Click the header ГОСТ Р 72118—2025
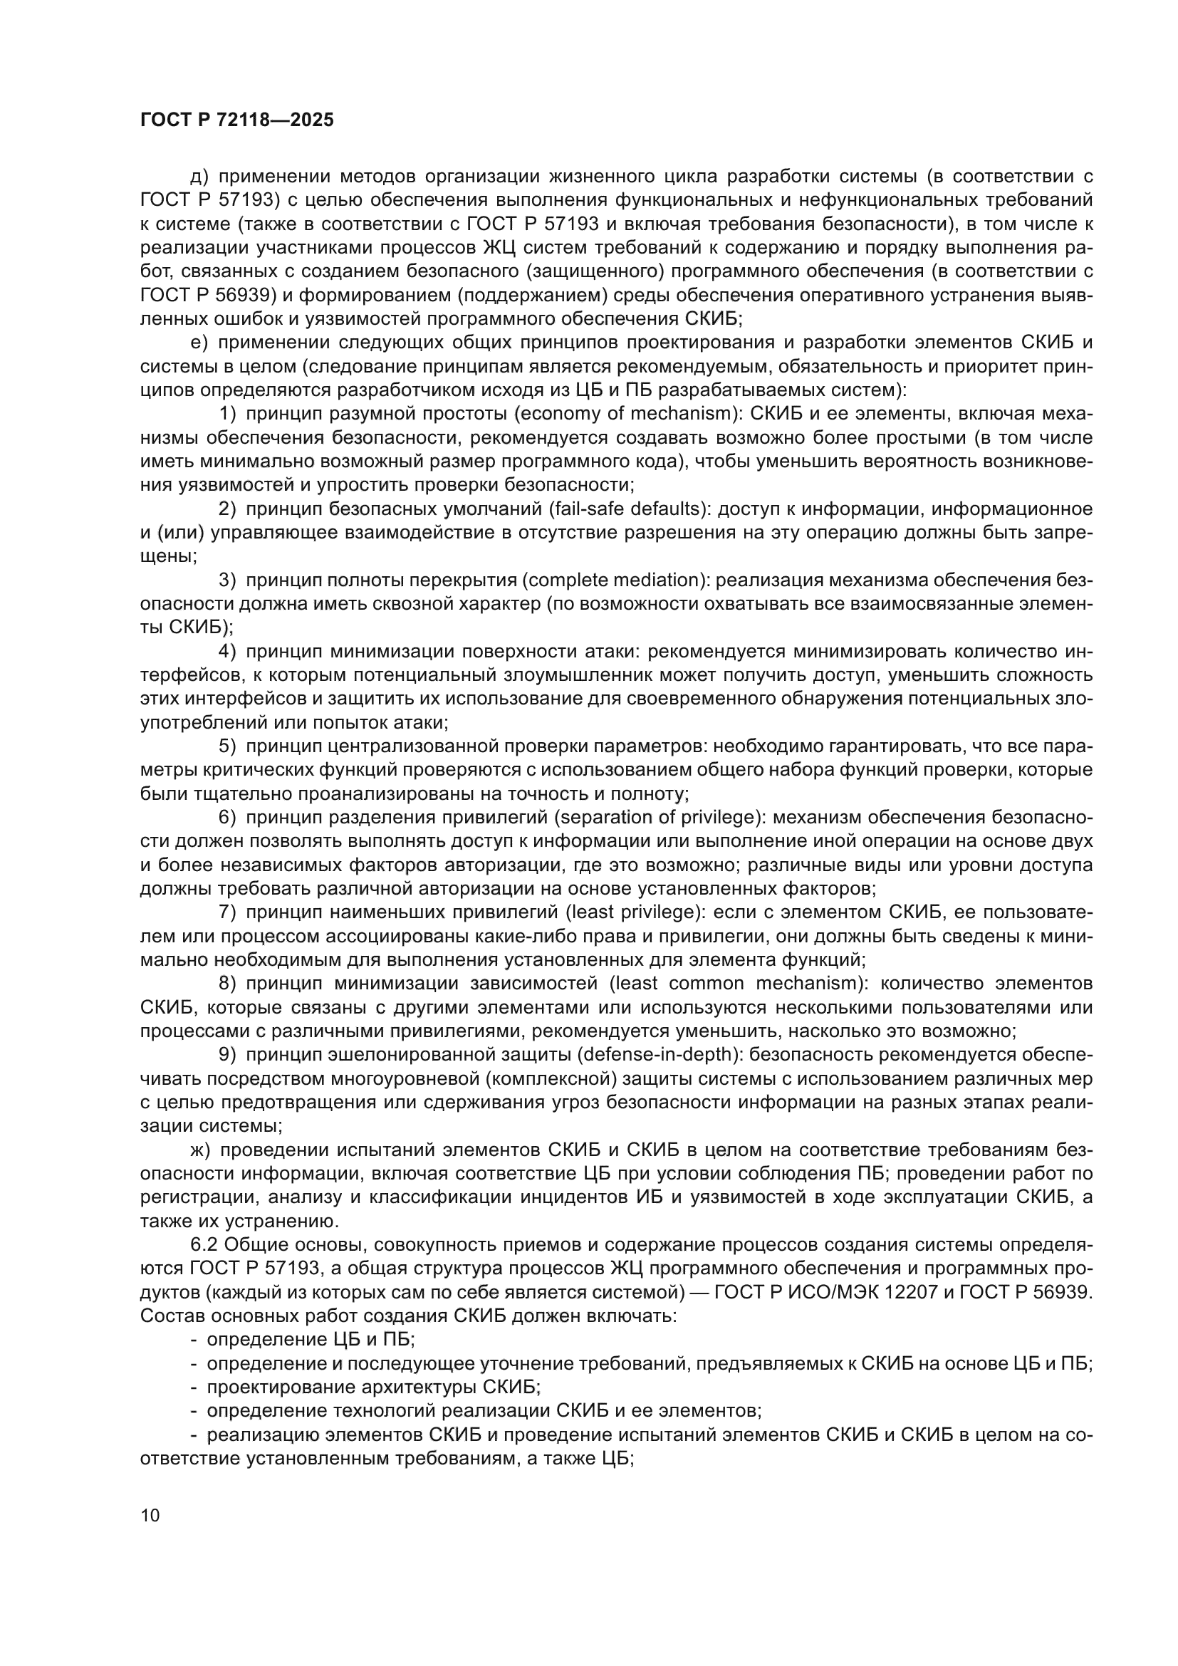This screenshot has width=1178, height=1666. (236, 120)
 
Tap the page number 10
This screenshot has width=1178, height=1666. (150, 1516)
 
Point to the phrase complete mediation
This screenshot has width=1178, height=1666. (610, 581)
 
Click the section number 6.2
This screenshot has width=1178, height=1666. (204, 1245)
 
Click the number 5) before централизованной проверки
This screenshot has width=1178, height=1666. (228, 746)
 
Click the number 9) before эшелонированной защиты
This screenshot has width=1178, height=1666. (228, 1055)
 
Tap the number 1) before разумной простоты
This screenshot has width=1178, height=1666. (228, 415)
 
